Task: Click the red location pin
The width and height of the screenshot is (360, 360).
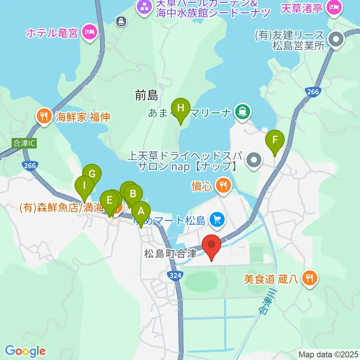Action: click(x=211, y=245)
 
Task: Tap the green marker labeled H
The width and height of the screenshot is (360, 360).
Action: click(x=181, y=109)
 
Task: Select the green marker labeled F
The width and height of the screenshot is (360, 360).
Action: click(x=275, y=141)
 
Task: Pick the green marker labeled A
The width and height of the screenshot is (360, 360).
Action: click(x=141, y=212)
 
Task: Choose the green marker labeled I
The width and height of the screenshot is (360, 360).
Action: click(x=84, y=186)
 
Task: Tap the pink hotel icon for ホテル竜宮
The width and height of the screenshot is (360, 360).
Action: click(x=89, y=33)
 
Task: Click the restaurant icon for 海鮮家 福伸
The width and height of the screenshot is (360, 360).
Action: click(x=44, y=117)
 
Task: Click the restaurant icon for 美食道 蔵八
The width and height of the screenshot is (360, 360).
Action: click(x=310, y=278)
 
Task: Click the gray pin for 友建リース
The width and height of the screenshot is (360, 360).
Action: click(x=336, y=39)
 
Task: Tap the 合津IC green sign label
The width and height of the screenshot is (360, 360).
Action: click(x=23, y=143)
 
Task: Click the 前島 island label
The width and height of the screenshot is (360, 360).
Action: click(x=147, y=96)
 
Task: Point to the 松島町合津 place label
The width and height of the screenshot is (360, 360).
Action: click(x=170, y=253)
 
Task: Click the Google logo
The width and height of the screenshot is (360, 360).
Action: click(x=25, y=351)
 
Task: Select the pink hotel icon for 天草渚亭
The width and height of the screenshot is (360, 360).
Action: click(x=333, y=7)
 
